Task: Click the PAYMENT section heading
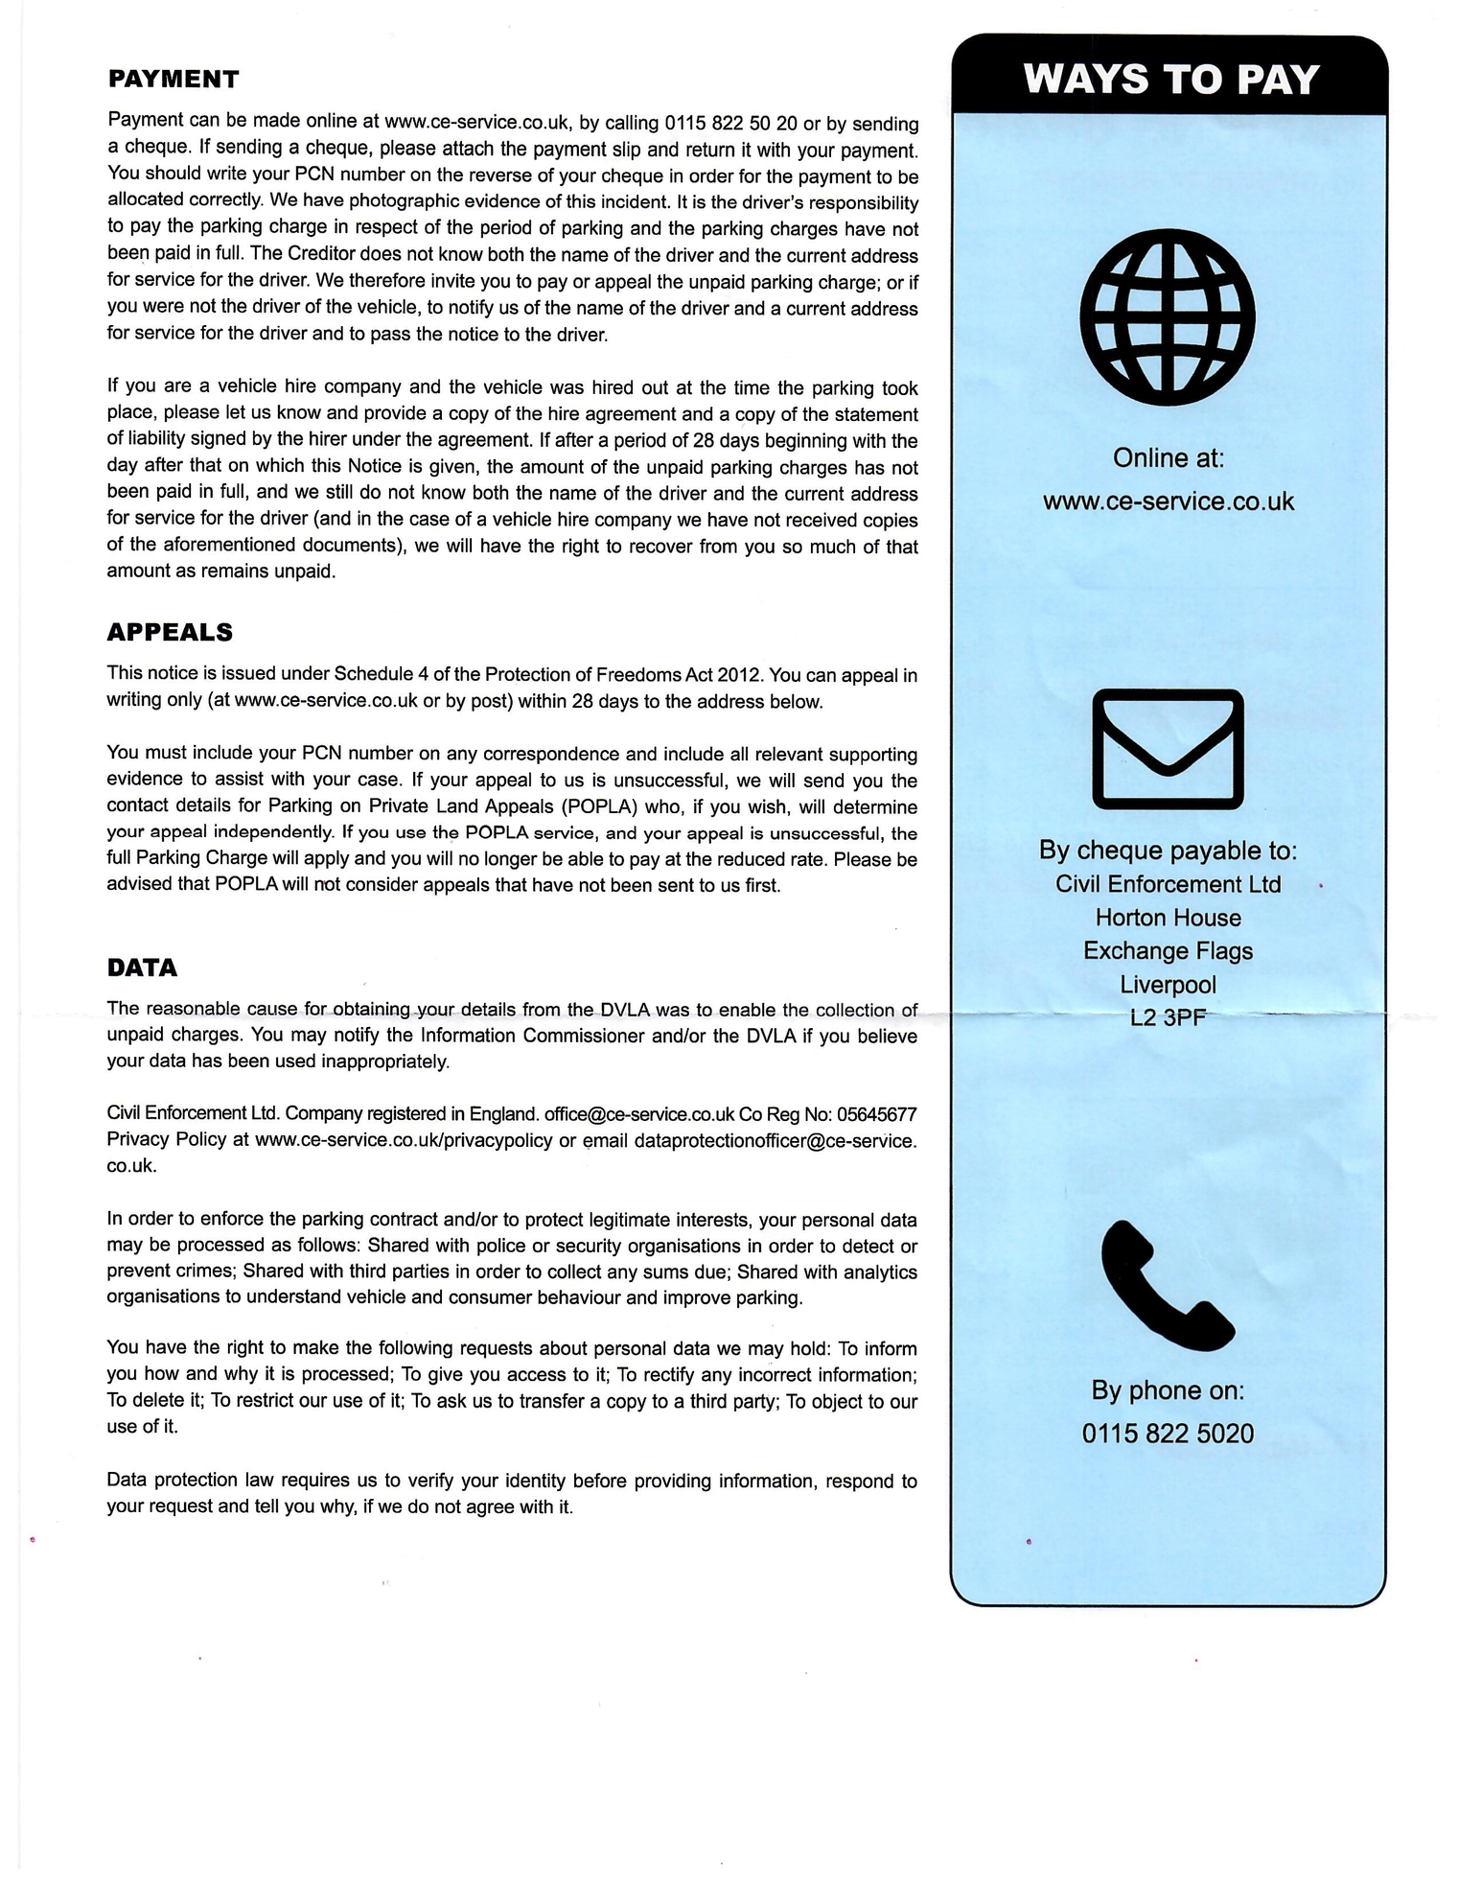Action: click(174, 79)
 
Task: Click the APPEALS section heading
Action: click(170, 632)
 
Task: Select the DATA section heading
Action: click(142, 968)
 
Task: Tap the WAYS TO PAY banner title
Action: click(1171, 79)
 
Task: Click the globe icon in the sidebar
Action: click(1168, 315)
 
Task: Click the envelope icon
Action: click(1168, 749)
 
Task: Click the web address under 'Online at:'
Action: click(1169, 502)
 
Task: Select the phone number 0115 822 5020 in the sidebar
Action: click(1168, 1434)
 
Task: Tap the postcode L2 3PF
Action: click(1168, 1017)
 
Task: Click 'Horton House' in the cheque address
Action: click(1168, 918)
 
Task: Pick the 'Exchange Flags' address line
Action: click(1168, 950)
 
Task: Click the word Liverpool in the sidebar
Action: click(1168, 985)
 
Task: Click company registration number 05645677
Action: click(876, 1114)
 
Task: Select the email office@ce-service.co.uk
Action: click(638, 1114)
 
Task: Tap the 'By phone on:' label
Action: click(1168, 1390)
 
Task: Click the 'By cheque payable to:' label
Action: click(1168, 851)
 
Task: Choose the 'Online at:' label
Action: click(1169, 458)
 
